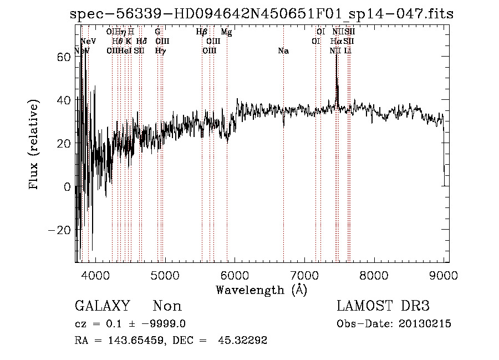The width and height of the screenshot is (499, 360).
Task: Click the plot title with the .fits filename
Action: [x=262, y=14]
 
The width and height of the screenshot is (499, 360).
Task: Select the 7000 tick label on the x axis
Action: [x=304, y=275]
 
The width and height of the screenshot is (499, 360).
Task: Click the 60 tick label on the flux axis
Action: [x=64, y=56]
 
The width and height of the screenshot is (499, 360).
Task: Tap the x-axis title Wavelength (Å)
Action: [x=261, y=290]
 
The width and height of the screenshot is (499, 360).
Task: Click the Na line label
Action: [x=283, y=51]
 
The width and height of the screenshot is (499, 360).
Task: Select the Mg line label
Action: [x=226, y=32]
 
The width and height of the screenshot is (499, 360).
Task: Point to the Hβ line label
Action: [x=202, y=32]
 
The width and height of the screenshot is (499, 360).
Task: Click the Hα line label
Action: [x=336, y=42]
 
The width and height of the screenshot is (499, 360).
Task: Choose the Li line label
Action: [x=348, y=51]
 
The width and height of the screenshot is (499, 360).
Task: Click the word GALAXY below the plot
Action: [x=103, y=306]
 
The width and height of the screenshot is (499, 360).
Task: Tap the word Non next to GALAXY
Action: [x=167, y=306]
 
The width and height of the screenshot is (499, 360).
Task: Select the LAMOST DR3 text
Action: [x=383, y=306]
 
